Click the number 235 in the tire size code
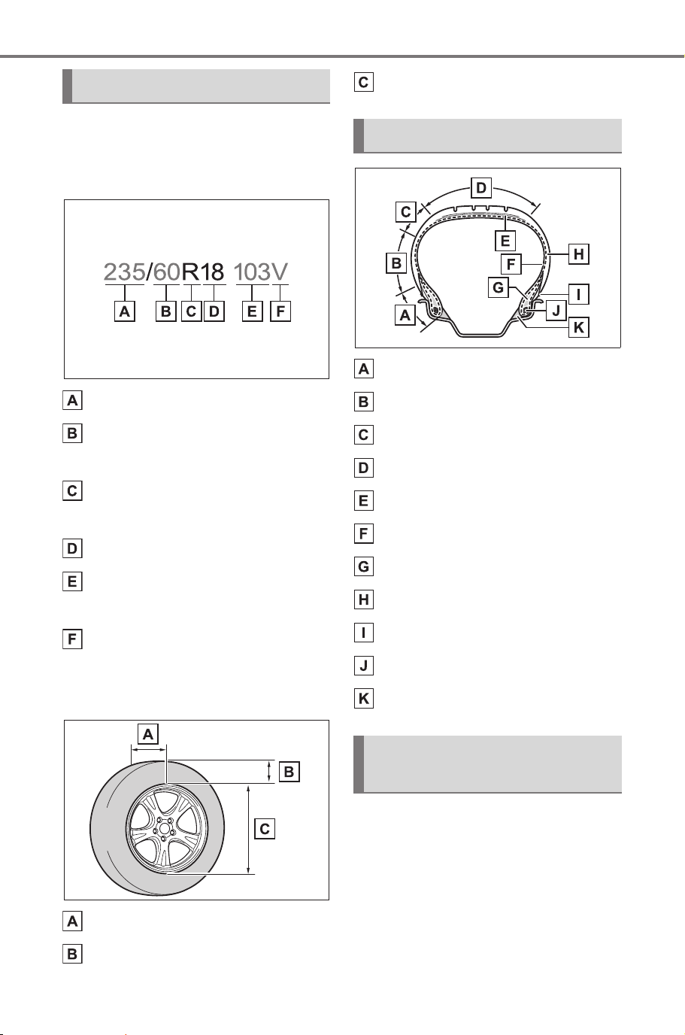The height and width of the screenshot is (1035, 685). (124, 272)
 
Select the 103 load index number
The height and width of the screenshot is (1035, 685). (252, 272)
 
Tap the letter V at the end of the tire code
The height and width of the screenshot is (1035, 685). (280, 272)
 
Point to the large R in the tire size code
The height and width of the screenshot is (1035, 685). (190, 272)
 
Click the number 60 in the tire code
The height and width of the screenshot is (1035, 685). (166, 272)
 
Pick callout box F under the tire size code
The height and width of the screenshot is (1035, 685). (280, 311)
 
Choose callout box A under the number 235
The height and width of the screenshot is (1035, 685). (125, 311)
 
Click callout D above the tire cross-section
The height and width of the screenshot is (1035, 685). (480, 187)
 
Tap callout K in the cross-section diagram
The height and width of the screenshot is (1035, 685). (578, 327)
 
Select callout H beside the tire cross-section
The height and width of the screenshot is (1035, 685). (578, 254)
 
